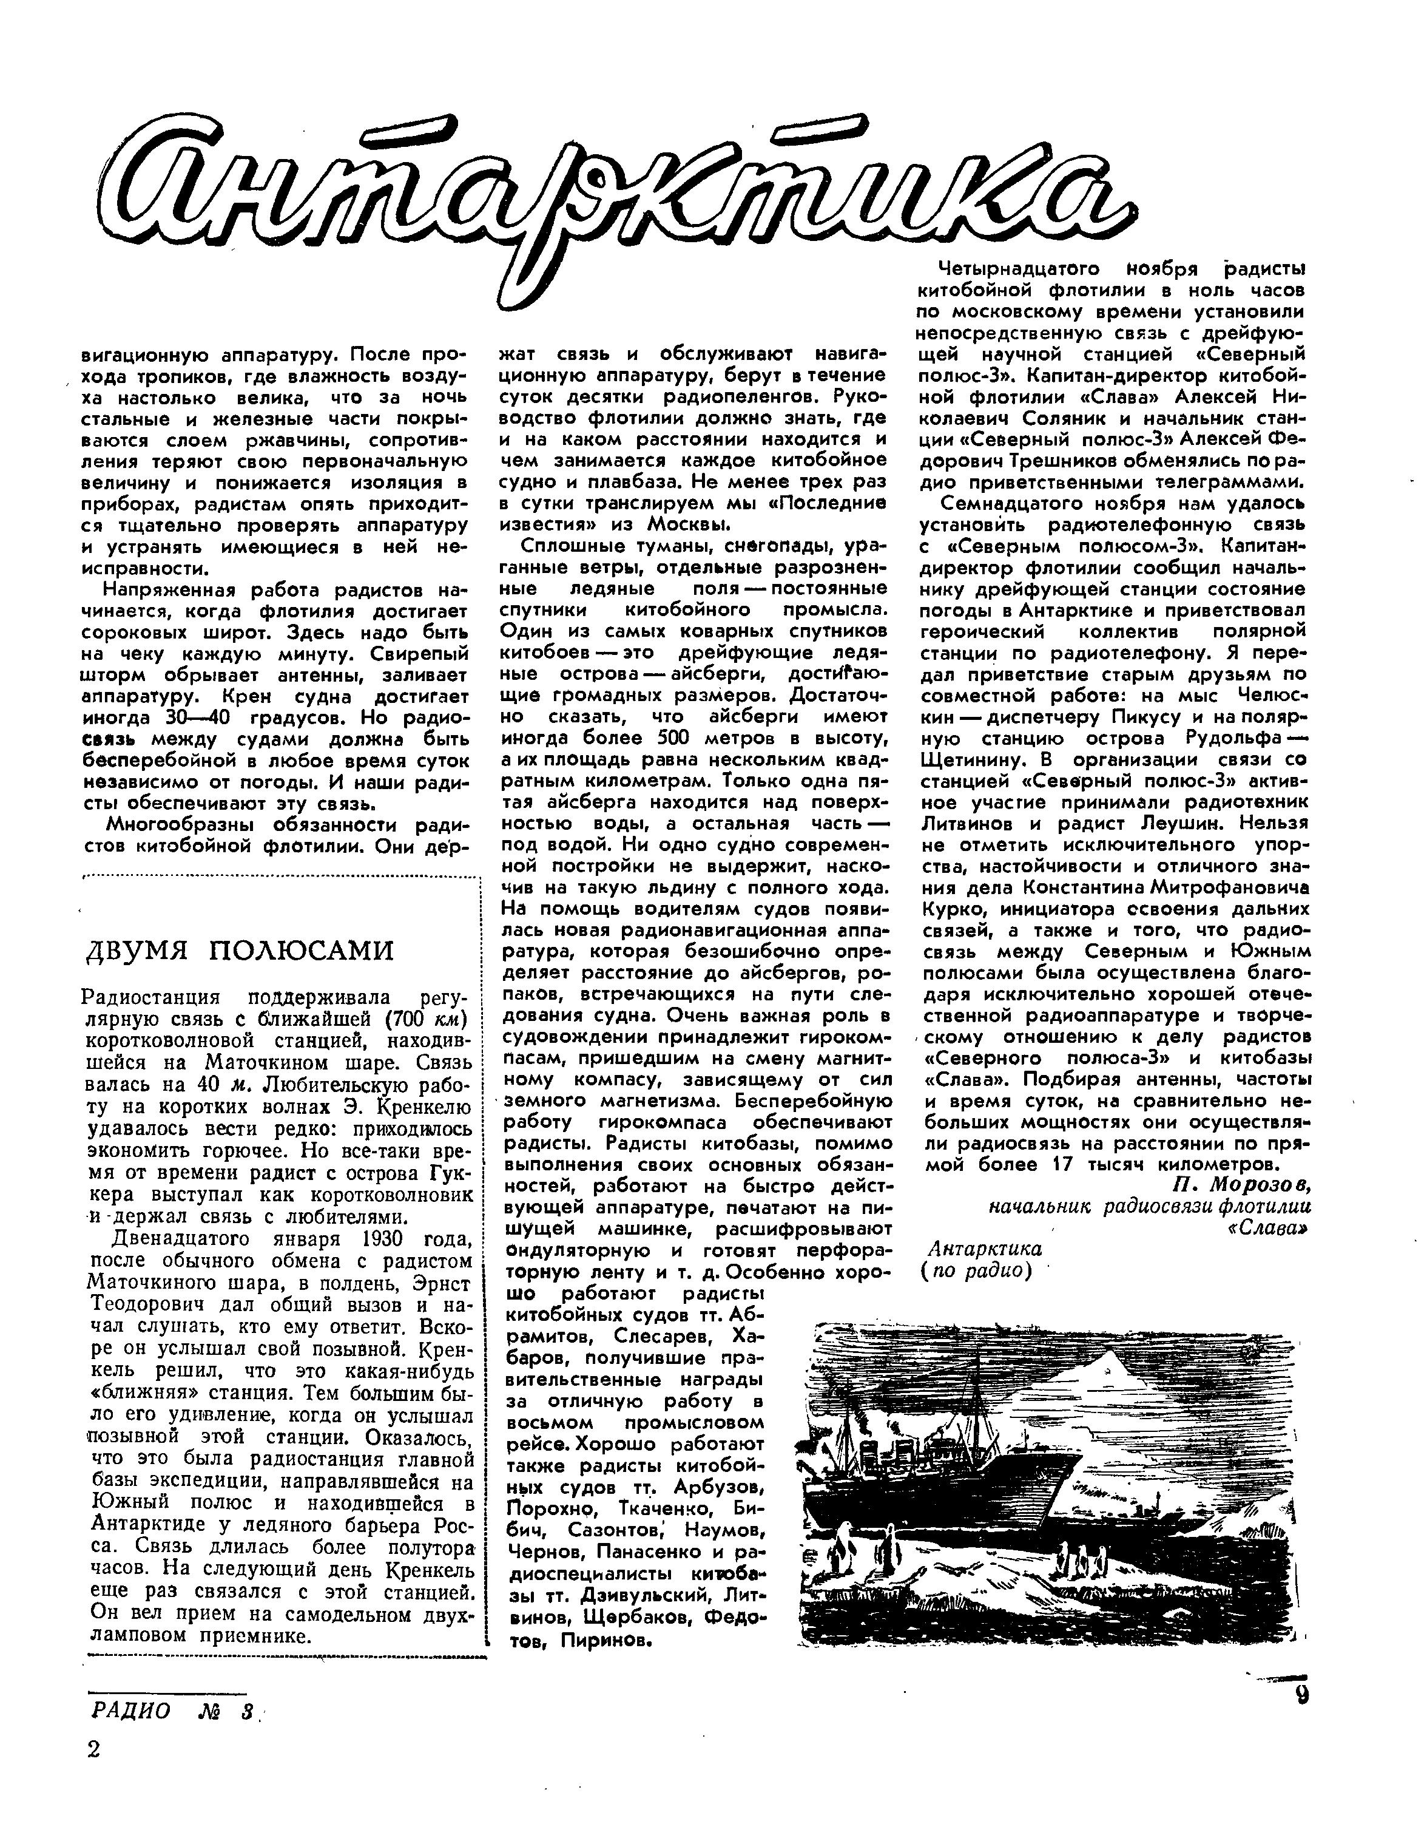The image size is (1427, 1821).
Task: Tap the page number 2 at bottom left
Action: [93, 1748]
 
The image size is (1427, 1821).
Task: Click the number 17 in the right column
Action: [1065, 1164]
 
